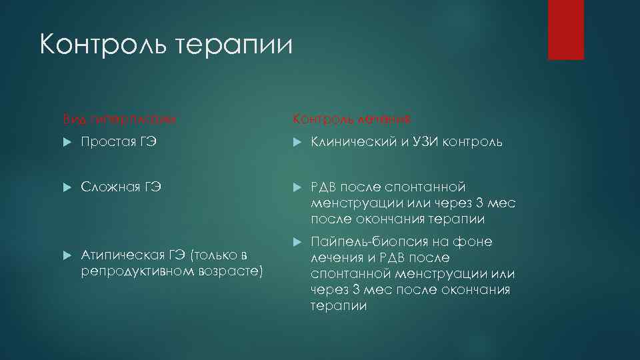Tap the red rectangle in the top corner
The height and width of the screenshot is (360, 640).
[565, 29]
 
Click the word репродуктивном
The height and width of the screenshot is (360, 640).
[137, 272]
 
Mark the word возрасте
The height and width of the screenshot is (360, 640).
[232, 272]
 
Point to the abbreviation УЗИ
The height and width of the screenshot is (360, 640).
[433, 142]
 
